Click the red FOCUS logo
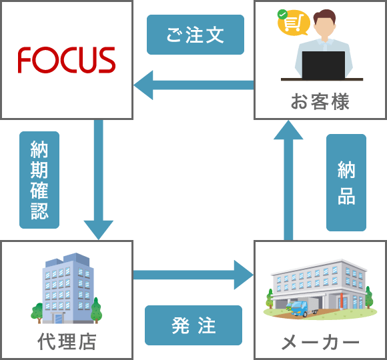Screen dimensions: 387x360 [x=67, y=60]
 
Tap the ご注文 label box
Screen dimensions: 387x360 [x=196, y=35]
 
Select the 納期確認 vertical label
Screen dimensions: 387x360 [x=39, y=180]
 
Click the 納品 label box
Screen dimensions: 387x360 [x=346, y=183]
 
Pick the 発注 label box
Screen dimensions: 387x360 [x=193, y=325]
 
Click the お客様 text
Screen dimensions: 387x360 [x=320, y=101]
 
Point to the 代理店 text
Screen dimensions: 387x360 [x=67, y=341]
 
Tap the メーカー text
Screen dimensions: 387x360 [x=320, y=342]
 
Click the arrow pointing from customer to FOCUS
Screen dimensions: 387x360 [x=193, y=85]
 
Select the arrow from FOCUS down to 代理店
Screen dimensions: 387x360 [x=99, y=179]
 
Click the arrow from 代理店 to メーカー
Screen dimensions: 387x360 [x=193, y=275]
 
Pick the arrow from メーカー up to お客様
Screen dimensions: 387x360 [x=288, y=180]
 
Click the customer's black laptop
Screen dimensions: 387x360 [x=324, y=65]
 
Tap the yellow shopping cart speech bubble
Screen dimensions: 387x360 [x=294, y=23]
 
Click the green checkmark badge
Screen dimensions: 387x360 [x=282, y=14]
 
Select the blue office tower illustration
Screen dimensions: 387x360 [x=68, y=288]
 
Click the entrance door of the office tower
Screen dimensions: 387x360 [x=59, y=319]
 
